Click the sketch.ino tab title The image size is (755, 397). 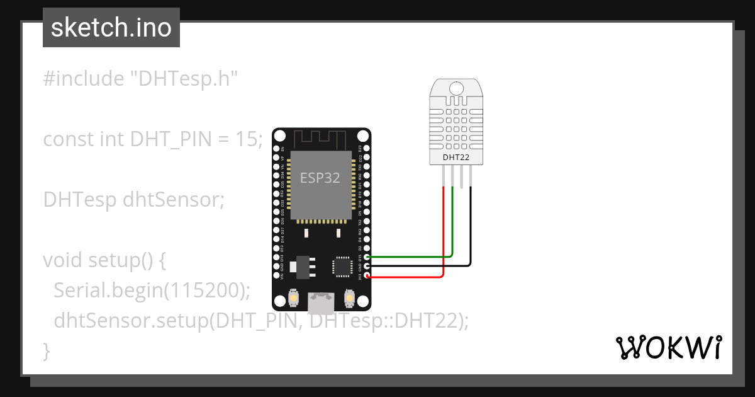click(x=111, y=28)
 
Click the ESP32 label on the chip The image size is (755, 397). click(x=320, y=178)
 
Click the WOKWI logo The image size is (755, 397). click(x=668, y=347)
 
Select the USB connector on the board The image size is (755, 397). click(x=321, y=303)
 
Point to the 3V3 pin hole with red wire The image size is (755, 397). click(x=367, y=276)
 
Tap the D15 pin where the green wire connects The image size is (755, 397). click(x=367, y=256)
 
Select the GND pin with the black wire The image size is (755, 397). click(x=367, y=266)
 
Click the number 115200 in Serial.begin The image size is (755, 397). click(x=205, y=291)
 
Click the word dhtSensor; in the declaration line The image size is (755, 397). click(x=174, y=200)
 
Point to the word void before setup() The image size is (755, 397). click(x=63, y=260)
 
